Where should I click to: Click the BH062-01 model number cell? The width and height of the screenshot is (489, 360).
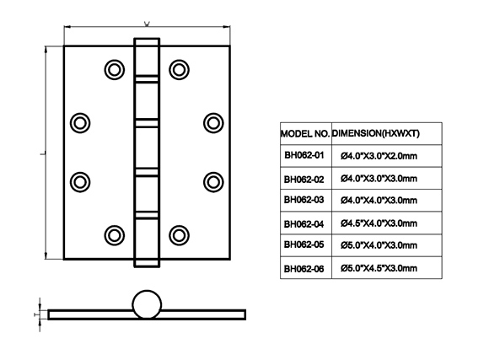point(304,155)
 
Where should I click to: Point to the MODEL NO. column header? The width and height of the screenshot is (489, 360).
point(305,134)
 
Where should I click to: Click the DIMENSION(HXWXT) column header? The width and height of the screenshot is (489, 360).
point(375,133)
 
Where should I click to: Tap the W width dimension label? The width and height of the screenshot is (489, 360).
point(147,24)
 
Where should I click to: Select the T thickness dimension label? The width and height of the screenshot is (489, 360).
point(35,314)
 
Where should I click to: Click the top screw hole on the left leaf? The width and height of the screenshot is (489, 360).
point(115,70)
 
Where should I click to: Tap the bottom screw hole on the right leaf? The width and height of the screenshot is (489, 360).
point(179,235)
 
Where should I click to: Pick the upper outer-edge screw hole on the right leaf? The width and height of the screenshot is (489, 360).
point(213,123)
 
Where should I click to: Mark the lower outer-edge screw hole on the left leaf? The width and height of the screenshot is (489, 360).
point(80,182)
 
